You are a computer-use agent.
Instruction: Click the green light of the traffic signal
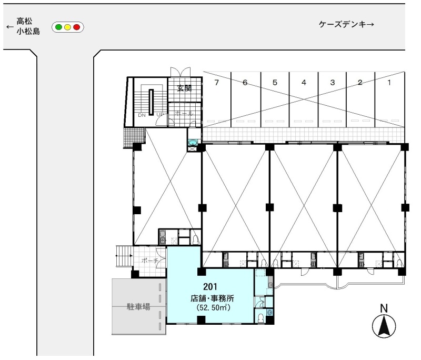[x=58, y=27]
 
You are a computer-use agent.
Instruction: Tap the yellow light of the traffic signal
[x=68, y=27]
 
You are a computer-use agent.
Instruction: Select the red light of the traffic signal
[x=77, y=27]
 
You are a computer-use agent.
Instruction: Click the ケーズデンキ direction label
[x=346, y=24]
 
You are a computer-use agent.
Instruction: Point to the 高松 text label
[x=24, y=21]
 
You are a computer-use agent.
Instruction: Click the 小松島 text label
[x=28, y=32]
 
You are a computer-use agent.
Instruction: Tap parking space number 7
[x=217, y=83]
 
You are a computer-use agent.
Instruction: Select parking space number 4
[x=304, y=83]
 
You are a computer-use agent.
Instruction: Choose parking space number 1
[x=389, y=83]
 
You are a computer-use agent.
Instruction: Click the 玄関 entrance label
[x=184, y=88]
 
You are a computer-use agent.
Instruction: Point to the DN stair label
[x=142, y=115]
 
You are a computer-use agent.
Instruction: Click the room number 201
[x=210, y=287]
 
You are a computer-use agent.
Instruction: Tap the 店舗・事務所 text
[x=212, y=298]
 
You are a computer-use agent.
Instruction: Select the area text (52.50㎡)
[x=214, y=307]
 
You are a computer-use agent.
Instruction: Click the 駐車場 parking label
[x=138, y=306]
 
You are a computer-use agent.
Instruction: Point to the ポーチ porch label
[x=149, y=261]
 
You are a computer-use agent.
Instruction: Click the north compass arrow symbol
[x=384, y=326]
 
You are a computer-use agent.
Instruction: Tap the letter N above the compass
[x=384, y=308]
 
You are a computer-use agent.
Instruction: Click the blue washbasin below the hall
[x=193, y=143]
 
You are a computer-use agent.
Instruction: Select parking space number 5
[x=275, y=83]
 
